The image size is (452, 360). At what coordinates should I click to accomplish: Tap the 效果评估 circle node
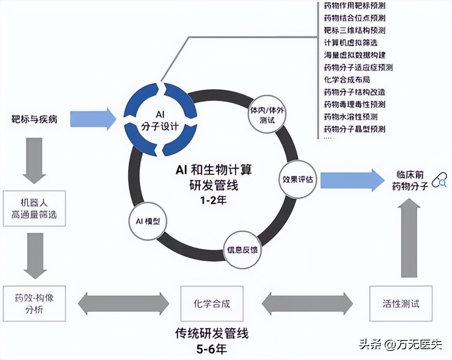(x=299, y=180)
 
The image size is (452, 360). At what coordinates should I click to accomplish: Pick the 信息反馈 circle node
(x=243, y=249)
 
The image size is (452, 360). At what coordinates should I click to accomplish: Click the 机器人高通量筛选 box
(x=34, y=208)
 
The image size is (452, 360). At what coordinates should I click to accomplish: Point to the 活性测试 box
(x=400, y=303)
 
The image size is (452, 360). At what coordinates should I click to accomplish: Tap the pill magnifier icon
(x=439, y=181)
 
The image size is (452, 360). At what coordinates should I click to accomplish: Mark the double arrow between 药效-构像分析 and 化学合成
(x=123, y=303)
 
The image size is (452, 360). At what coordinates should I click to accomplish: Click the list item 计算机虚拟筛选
(x=351, y=43)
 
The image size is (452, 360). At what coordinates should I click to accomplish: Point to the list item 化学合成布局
(x=347, y=80)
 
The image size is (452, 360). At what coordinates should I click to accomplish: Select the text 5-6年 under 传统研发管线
(x=212, y=349)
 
